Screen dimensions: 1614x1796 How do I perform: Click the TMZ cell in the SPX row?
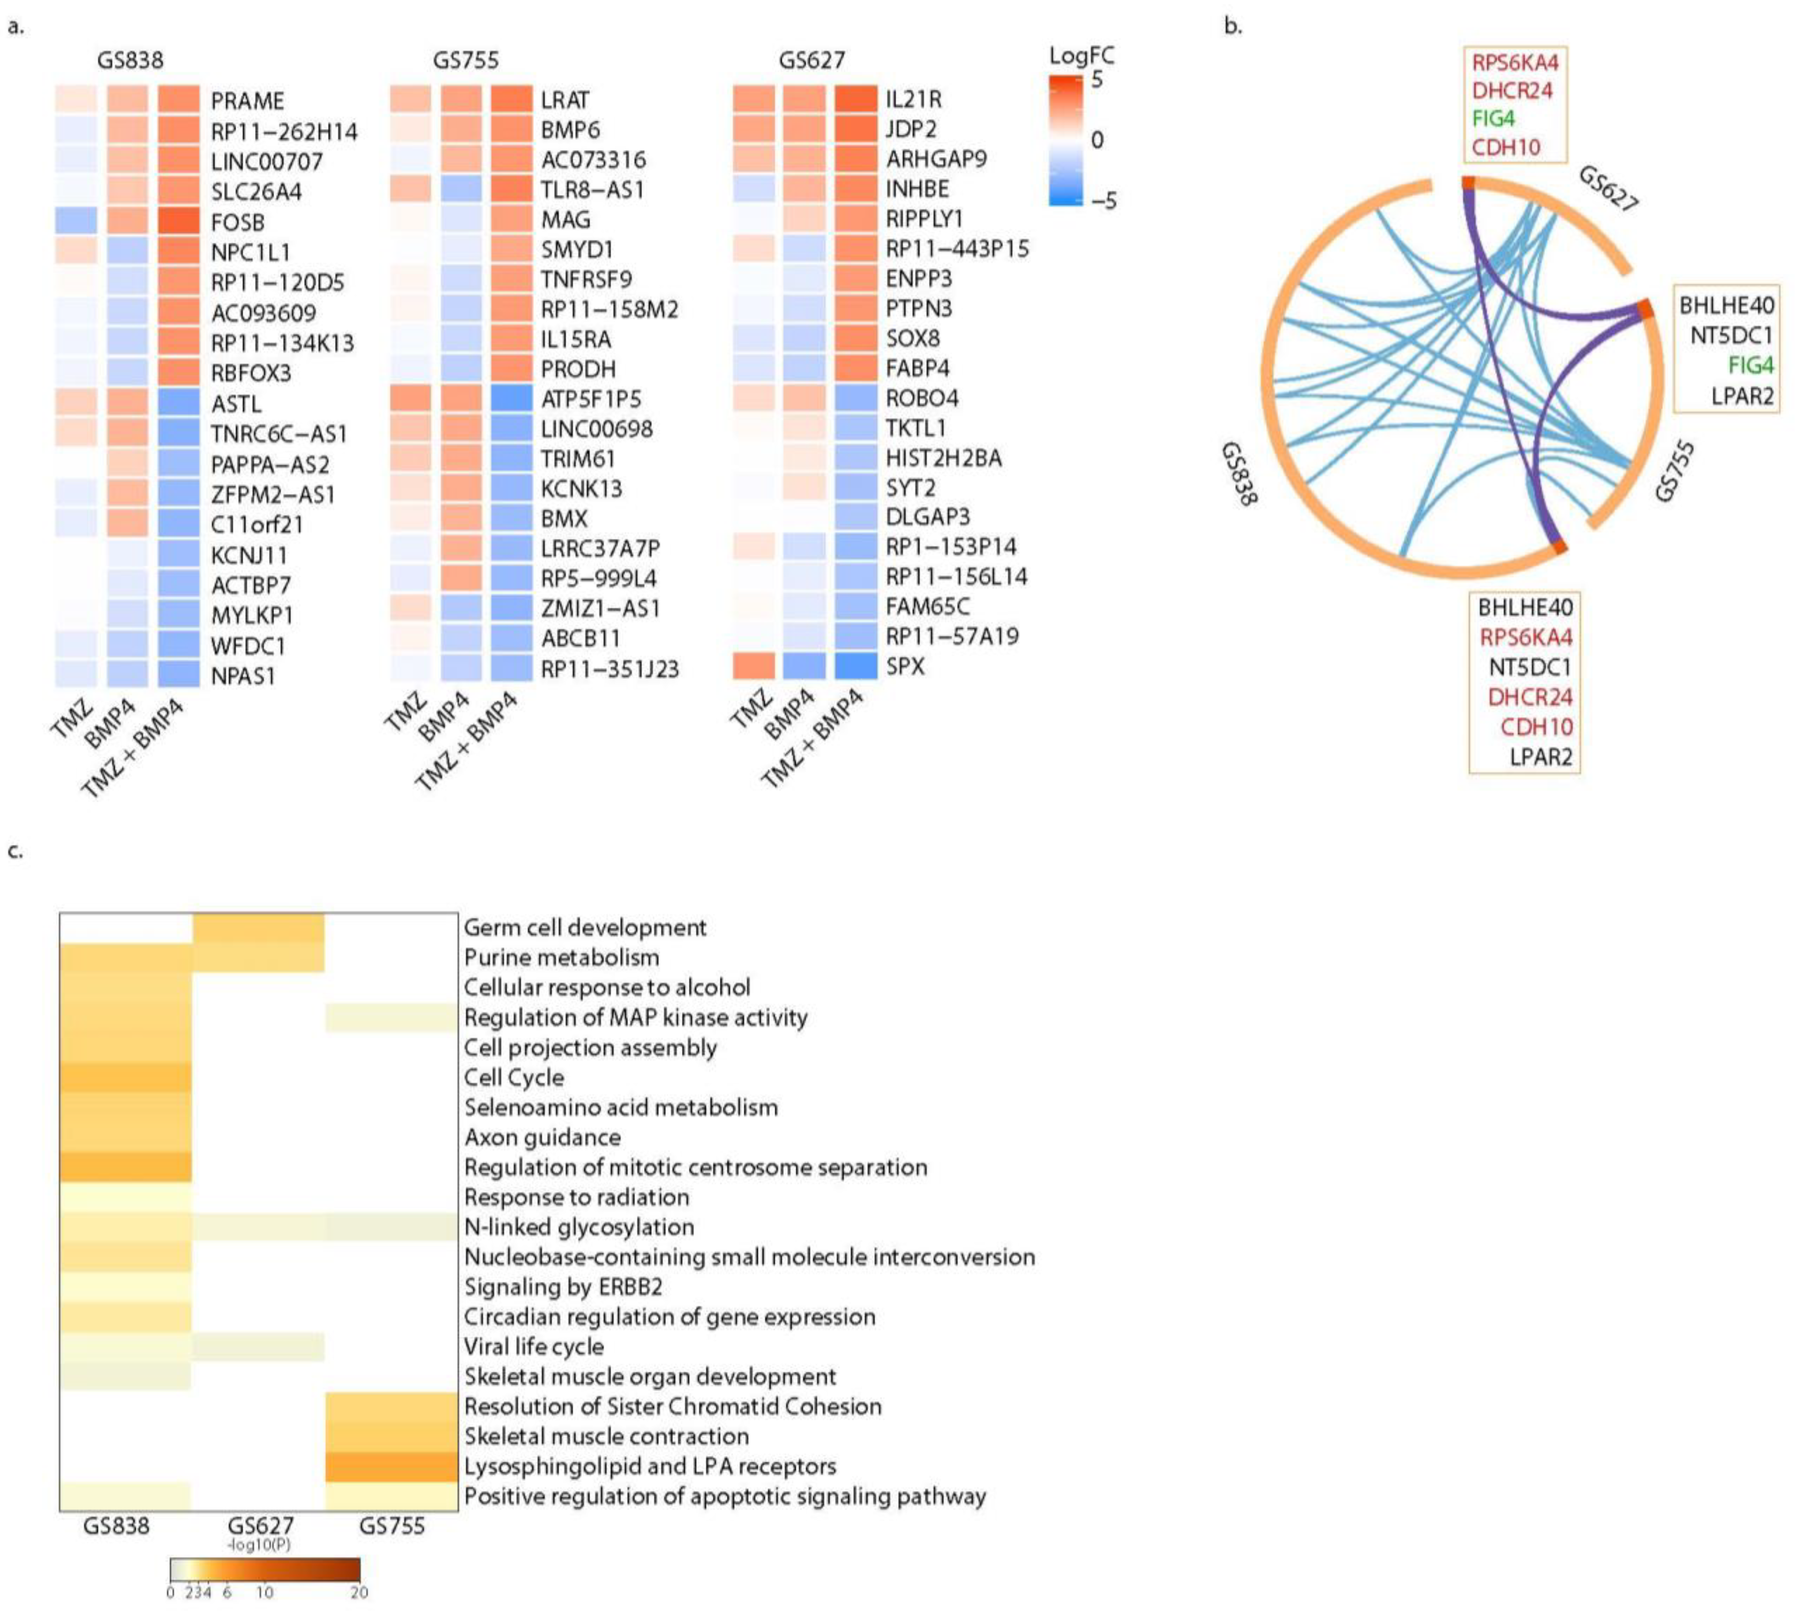753,666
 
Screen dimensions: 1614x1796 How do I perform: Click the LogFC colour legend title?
1081,56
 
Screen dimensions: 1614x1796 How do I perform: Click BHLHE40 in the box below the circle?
1525,607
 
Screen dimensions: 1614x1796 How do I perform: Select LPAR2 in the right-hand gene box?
1742,396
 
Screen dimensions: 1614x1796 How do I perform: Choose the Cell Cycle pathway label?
514,1077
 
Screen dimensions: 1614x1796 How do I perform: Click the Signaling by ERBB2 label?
563,1287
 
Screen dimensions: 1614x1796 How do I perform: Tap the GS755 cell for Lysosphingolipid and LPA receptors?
391,1466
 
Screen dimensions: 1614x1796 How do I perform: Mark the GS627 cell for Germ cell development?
258,928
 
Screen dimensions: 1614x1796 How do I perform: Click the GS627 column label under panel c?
260,1526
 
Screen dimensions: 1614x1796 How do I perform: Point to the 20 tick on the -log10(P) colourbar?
358,1592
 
